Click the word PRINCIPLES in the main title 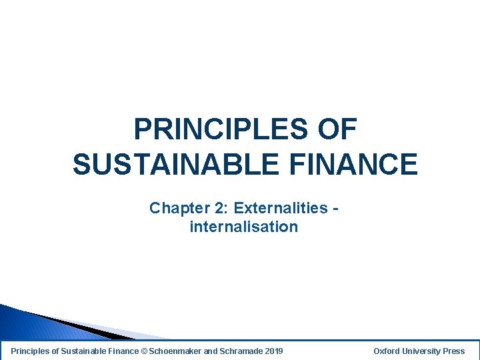[221, 129]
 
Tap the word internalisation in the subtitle [243, 227]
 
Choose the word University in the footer [423, 351]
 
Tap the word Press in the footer [454, 351]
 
